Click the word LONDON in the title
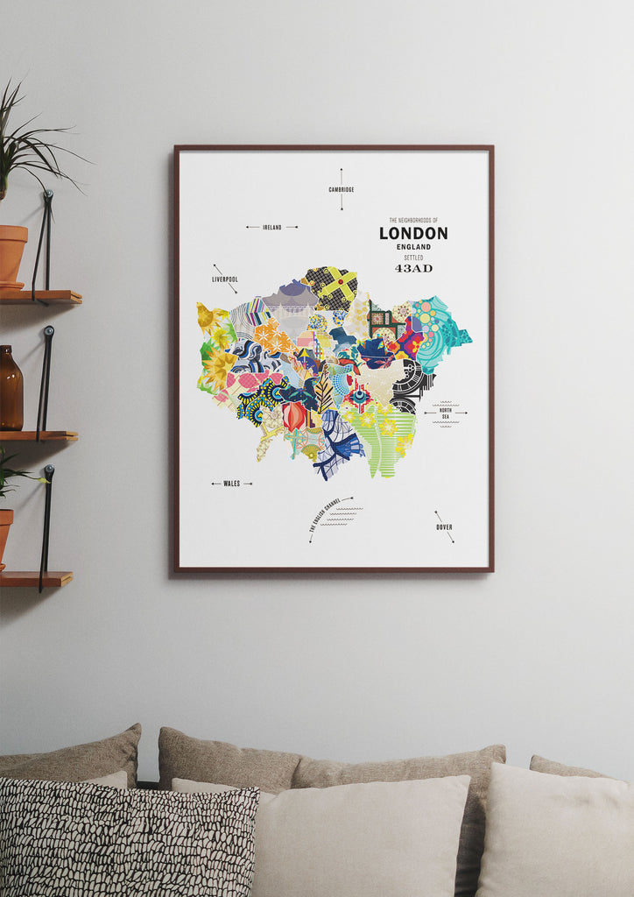click(413, 234)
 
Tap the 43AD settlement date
click(413, 268)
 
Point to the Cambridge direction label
click(341, 189)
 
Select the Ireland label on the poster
click(272, 227)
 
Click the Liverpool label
click(225, 279)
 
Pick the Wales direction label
click(231, 484)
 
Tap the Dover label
click(445, 527)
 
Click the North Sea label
click(445, 413)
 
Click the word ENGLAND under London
click(413, 248)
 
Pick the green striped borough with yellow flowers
click(385, 438)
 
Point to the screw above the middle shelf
click(48, 331)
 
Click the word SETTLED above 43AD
click(413, 258)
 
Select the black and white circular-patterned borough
click(409, 384)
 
